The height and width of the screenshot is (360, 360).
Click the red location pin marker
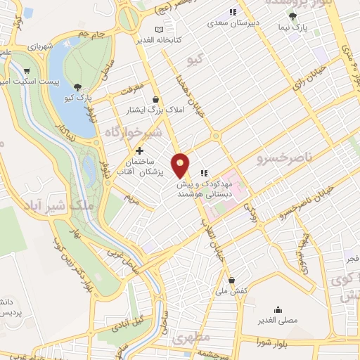pyautogui.click(x=181, y=165)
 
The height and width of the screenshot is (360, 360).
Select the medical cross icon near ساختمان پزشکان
pyautogui.click(x=139, y=150)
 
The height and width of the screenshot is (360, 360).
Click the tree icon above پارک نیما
pyautogui.click(x=293, y=17)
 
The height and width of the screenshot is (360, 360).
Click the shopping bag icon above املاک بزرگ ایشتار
pyautogui.click(x=164, y=99)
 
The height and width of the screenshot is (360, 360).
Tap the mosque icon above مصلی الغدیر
pyautogui.click(x=279, y=309)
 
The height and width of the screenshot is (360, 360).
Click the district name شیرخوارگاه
pyautogui.click(x=134, y=131)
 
